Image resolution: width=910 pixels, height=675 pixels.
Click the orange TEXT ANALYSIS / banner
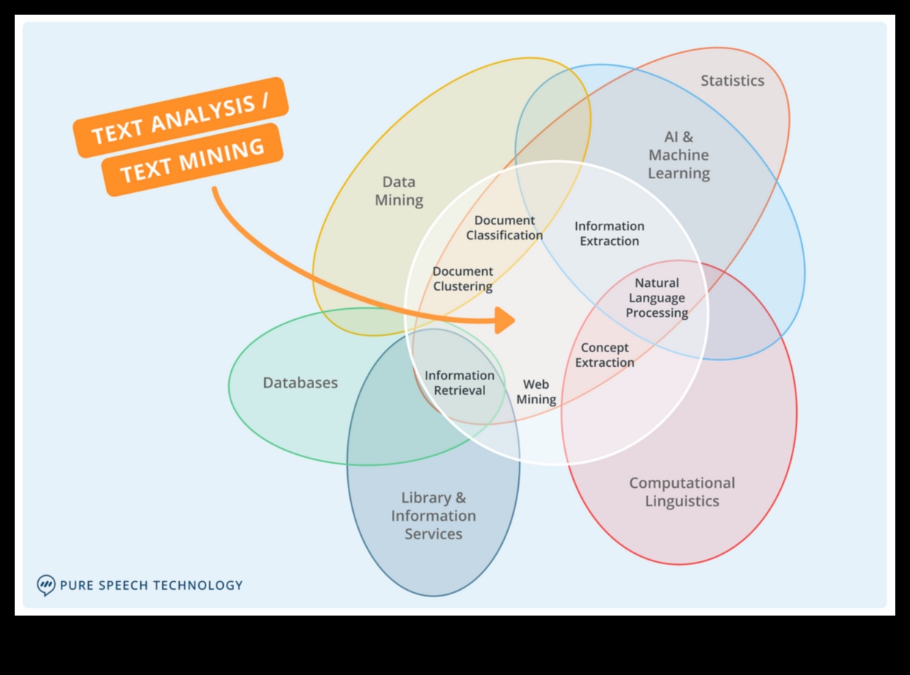point(181,117)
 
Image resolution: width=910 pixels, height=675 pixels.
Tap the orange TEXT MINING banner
point(192,160)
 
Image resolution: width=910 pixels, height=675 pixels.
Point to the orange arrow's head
point(506,320)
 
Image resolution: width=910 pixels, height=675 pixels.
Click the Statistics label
point(732,81)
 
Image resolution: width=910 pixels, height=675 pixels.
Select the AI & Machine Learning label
point(679,155)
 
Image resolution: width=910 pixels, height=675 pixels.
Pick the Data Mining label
point(399,191)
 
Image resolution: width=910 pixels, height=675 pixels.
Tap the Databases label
point(300,383)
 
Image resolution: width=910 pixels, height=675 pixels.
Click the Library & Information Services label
point(433,516)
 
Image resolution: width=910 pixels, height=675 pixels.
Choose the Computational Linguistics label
point(682,492)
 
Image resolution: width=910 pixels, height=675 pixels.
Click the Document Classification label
point(504,227)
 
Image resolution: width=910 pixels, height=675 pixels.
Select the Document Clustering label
point(462,279)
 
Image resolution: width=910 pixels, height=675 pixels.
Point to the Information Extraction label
point(609,233)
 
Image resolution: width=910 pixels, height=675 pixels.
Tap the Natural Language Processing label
point(657,298)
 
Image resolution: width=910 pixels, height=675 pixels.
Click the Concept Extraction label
point(605,355)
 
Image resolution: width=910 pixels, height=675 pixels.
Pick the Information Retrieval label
point(459,383)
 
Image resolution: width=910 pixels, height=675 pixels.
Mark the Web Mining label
point(536,392)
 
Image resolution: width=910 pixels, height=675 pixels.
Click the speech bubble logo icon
point(46,585)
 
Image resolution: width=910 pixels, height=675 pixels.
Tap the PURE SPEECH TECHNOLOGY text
point(151,585)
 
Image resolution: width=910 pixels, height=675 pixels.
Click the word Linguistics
point(682,501)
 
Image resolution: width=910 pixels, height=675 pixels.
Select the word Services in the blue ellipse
point(433,534)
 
